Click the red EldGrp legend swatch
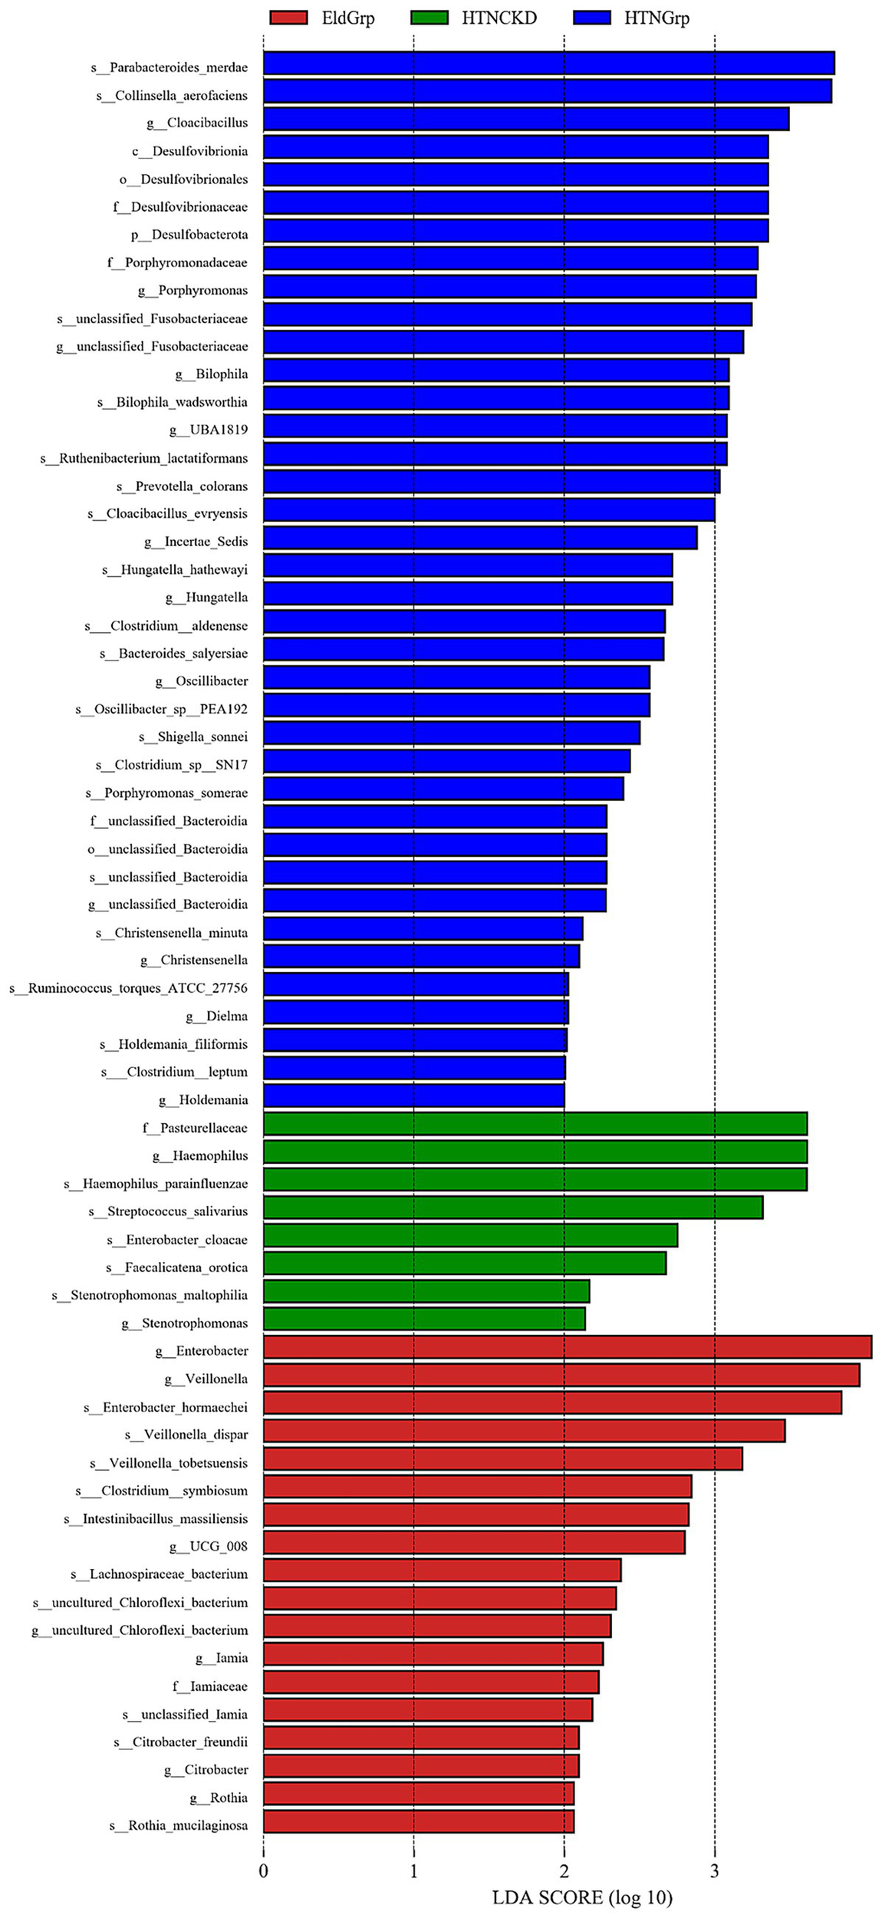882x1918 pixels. tap(288, 18)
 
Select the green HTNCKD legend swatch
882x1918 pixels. tap(429, 18)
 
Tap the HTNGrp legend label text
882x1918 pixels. tap(657, 18)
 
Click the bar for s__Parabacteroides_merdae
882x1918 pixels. tap(548, 64)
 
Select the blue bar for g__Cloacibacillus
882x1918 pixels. tap(526, 120)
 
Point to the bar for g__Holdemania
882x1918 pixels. tap(414, 1096)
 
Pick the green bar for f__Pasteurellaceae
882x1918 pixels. tap(535, 1124)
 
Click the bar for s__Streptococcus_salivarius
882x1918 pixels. tap(513, 1208)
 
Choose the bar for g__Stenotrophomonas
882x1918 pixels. tap(424, 1319)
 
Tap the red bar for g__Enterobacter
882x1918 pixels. tap(568, 1347)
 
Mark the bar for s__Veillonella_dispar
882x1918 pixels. tap(524, 1431)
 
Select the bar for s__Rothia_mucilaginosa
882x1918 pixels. tap(419, 1821)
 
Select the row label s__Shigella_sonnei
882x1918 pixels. tap(193, 737)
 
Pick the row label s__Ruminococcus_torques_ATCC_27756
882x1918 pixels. tap(128, 988)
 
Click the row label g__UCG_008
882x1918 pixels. tap(209, 1546)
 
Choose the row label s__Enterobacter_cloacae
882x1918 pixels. tap(177, 1240)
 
